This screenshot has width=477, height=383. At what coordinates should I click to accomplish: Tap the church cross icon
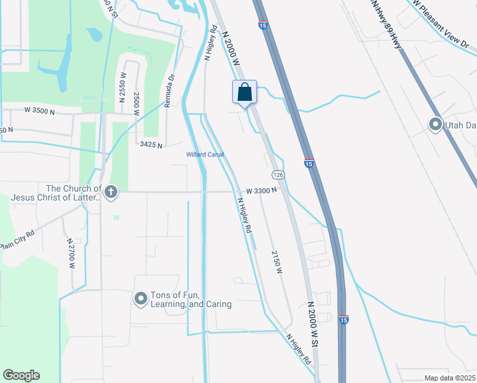click(x=111, y=191)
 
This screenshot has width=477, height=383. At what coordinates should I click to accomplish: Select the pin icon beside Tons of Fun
click(x=141, y=297)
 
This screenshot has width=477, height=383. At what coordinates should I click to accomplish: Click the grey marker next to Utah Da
click(x=436, y=124)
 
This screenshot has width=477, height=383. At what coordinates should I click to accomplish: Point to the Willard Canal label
click(x=205, y=154)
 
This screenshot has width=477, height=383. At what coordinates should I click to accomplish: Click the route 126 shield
click(x=277, y=175)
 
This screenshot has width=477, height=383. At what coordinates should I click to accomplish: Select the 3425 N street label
click(x=152, y=145)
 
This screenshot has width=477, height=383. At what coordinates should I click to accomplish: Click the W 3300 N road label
click(x=261, y=190)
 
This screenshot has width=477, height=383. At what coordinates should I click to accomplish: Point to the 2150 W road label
click(x=277, y=262)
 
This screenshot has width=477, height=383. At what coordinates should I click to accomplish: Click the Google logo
click(x=21, y=375)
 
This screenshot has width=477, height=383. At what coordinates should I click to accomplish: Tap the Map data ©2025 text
click(x=449, y=378)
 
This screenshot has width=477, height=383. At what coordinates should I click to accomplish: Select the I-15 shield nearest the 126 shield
click(x=309, y=164)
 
